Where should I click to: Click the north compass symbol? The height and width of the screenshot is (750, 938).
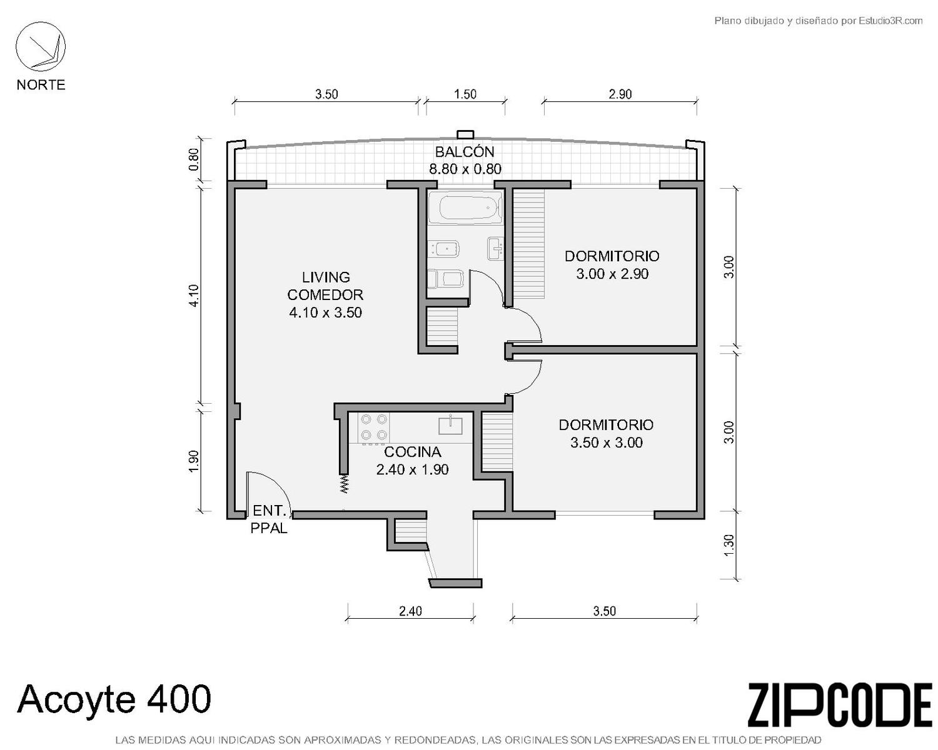(x=41, y=46)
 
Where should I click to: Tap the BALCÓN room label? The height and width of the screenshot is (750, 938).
(x=465, y=152)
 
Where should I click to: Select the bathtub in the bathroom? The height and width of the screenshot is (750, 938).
(x=465, y=208)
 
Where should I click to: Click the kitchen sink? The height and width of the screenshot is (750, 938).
(x=450, y=424)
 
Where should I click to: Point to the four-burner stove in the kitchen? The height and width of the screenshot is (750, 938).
(x=374, y=427)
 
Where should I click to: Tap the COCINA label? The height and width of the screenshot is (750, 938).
(x=412, y=452)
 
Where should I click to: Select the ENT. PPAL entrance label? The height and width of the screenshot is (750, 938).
(x=270, y=519)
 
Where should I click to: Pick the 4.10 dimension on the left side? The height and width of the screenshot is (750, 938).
(x=194, y=296)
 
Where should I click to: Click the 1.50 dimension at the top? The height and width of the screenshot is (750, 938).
(x=465, y=94)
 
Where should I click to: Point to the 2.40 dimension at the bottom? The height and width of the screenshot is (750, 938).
(x=410, y=611)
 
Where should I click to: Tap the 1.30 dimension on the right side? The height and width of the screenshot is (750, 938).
(x=729, y=546)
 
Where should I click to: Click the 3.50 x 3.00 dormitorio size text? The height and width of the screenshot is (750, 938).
(x=607, y=442)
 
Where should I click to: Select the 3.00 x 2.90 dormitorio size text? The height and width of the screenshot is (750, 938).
(x=612, y=274)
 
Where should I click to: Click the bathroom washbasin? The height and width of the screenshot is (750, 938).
(x=495, y=248)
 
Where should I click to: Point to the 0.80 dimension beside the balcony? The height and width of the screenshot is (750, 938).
(x=194, y=159)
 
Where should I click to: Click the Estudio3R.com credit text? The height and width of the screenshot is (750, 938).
(x=818, y=21)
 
